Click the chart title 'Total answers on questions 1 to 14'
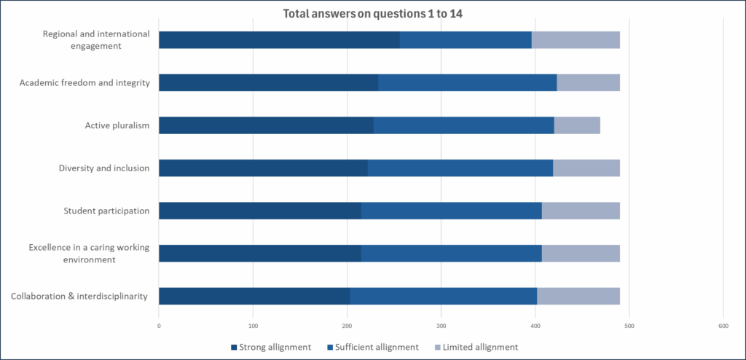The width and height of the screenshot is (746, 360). coord(372,12)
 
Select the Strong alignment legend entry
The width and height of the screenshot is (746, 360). coord(270,347)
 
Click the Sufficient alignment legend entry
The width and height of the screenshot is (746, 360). coord(372,347)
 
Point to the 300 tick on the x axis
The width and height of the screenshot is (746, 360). coord(441,325)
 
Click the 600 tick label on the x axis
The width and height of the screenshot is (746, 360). coord(723,325)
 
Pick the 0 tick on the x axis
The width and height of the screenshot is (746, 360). coord(159,325)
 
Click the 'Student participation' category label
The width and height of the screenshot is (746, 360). coord(106,211)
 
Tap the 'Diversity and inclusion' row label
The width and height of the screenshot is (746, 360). coord(104,168)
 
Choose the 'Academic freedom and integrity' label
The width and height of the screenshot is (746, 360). coord(85,82)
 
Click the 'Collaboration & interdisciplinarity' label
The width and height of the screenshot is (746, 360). coord(79,296)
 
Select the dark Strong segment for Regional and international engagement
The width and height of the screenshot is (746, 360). coord(279,40)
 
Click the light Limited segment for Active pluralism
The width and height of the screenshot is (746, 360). coord(577,125)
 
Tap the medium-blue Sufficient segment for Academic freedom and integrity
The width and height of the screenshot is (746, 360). coord(468,82)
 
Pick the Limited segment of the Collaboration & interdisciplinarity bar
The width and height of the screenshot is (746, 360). coord(578,296)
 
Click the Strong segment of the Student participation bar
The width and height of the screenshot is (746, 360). coord(259,211)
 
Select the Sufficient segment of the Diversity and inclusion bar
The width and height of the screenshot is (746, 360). coord(460,168)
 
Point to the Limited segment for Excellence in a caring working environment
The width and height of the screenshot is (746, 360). coord(581,254)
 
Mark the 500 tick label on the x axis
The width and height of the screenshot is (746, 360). coord(629,325)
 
